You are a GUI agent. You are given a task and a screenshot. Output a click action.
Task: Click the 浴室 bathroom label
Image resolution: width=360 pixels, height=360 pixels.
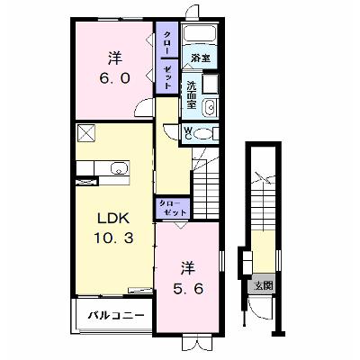[x=200, y=58]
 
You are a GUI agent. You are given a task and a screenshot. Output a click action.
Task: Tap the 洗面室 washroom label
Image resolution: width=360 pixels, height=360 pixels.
[x=191, y=95]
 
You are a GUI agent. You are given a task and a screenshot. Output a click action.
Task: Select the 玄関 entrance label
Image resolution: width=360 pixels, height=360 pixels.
[x=264, y=285]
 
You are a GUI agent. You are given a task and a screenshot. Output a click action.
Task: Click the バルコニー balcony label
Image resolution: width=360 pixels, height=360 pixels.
[x=116, y=316]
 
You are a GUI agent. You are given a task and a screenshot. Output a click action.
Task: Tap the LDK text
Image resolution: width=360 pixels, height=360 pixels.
[x=113, y=219]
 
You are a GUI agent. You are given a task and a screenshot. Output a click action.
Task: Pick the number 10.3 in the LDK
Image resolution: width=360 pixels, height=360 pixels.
[x=113, y=238]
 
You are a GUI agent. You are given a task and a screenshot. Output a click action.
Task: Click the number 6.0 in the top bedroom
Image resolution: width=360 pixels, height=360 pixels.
[x=114, y=78]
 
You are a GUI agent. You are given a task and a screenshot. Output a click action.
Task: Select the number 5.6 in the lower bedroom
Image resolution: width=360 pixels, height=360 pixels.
[x=188, y=289]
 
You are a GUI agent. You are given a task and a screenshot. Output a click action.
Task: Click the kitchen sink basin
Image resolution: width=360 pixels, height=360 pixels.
[x=119, y=167]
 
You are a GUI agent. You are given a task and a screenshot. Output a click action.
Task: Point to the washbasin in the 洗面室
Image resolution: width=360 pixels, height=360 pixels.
[x=210, y=106]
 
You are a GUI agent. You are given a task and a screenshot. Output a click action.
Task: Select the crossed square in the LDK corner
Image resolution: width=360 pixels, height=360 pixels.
[x=85, y=132]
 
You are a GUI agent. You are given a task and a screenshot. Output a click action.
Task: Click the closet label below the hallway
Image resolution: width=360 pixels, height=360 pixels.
[x=173, y=208]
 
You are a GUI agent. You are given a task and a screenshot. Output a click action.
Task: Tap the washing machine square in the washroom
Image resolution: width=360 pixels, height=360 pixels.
[x=210, y=84]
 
